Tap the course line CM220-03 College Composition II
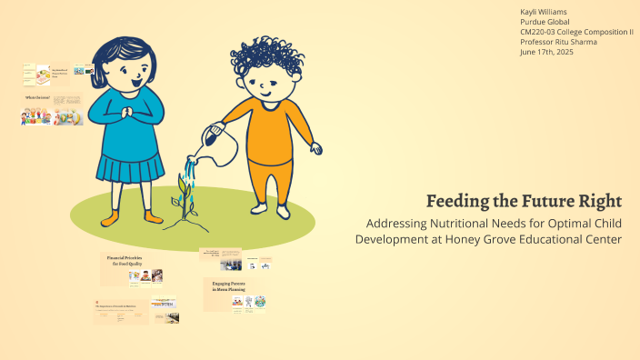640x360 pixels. click(x=576, y=32)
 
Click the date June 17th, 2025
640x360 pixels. click(x=546, y=52)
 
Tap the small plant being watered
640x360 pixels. click(x=187, y=202)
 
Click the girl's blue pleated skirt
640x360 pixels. click(x=130, y=168)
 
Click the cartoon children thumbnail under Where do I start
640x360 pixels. click(x=36, y=116)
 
